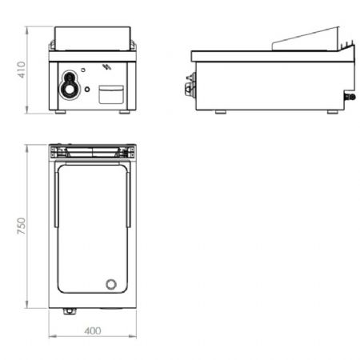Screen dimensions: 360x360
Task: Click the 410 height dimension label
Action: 21,70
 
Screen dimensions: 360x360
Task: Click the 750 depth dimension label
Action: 21,226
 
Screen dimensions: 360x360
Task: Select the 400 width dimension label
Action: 93,331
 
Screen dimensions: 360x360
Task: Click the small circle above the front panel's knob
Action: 83,70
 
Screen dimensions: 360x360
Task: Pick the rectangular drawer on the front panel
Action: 111,94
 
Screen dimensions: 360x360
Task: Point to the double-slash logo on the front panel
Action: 106,66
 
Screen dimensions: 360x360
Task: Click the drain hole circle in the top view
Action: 111,284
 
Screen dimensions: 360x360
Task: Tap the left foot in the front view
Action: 61,112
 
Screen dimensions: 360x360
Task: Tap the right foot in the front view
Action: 124,112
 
